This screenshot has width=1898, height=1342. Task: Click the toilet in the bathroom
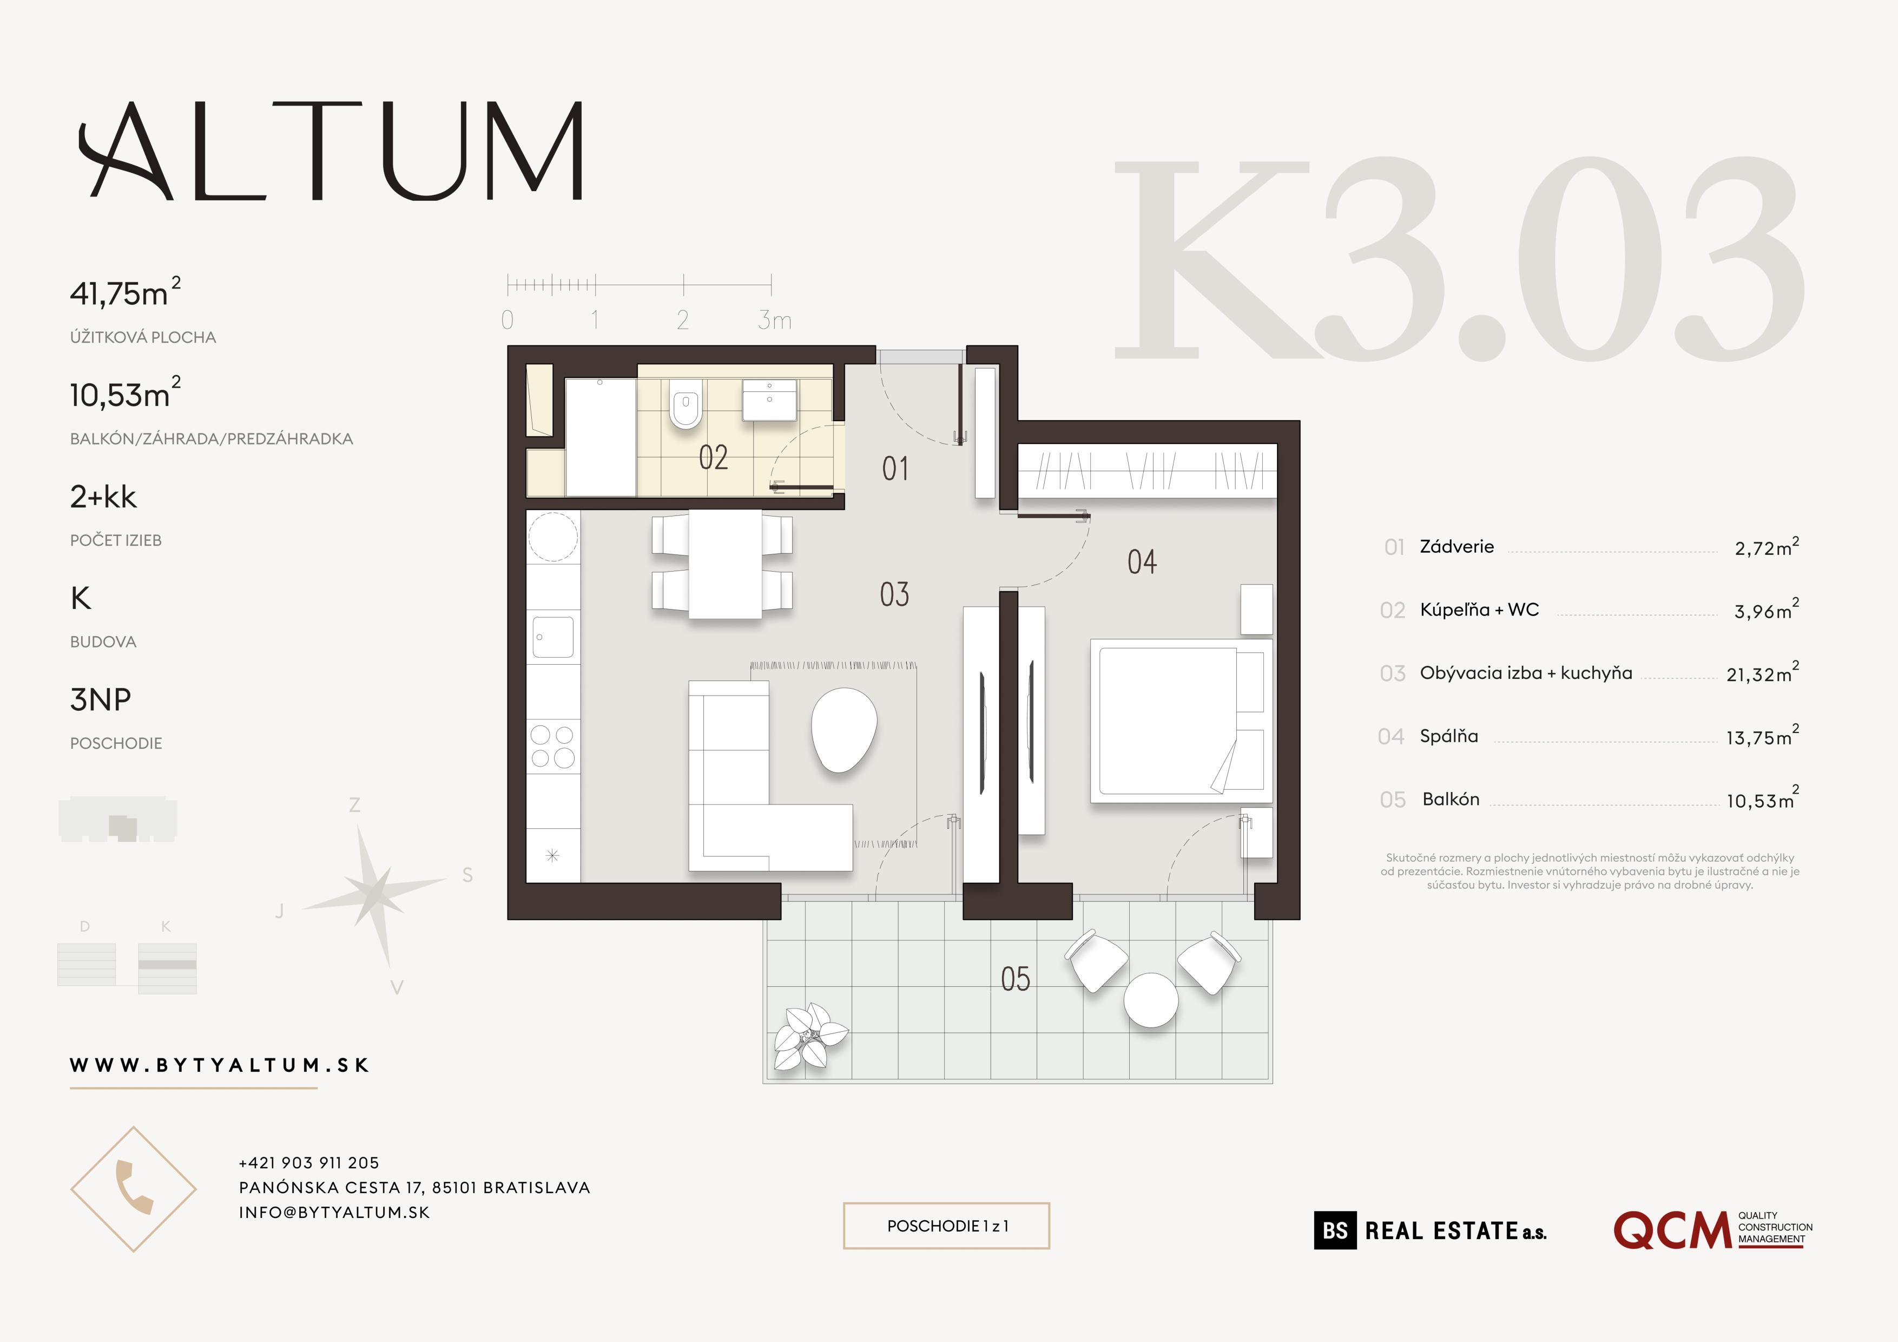coord(686,404)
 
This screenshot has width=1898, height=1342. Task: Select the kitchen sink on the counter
coord(553,637)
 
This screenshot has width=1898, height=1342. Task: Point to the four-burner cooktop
coord(553,746)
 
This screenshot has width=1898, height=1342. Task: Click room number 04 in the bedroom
coord(1142,562)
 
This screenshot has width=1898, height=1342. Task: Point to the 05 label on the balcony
coord(1015,979)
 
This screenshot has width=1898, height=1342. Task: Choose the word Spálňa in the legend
coord(1448,736)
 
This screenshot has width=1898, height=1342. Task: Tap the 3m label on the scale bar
coord(775,320)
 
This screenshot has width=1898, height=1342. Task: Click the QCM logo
coord(1671,1231)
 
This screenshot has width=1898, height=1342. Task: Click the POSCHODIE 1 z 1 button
coord(946,1226)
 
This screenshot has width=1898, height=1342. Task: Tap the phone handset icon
coord(133,1188)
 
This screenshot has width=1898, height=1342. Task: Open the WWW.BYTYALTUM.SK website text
coord(219,1065)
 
